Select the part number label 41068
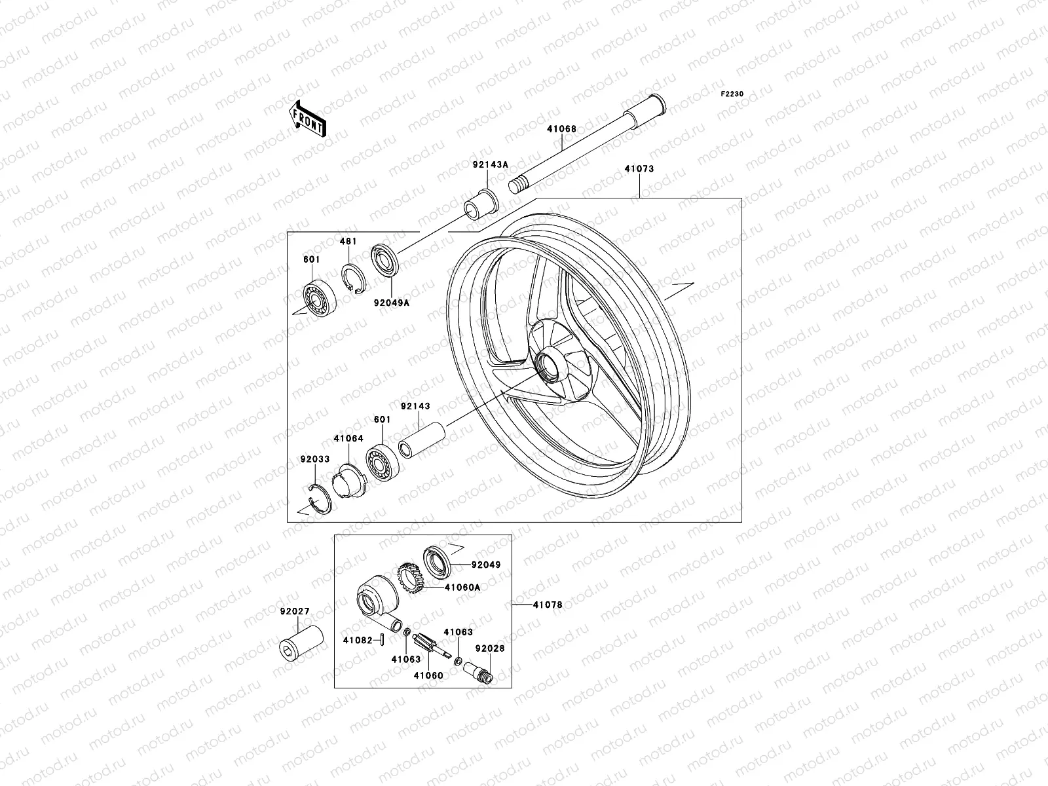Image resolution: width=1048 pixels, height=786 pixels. pyautogui.click(x=562, y=129)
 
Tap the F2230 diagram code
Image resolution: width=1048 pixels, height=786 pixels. pyautogui.click(x=732, y=94)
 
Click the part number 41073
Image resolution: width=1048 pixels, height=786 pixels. pyautogui.click(x=639, y=168)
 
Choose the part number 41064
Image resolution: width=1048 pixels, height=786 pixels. pyautogui.click(x=348, y=438)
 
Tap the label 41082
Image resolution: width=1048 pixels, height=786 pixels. pyautogui.click(x=357, y=639)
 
